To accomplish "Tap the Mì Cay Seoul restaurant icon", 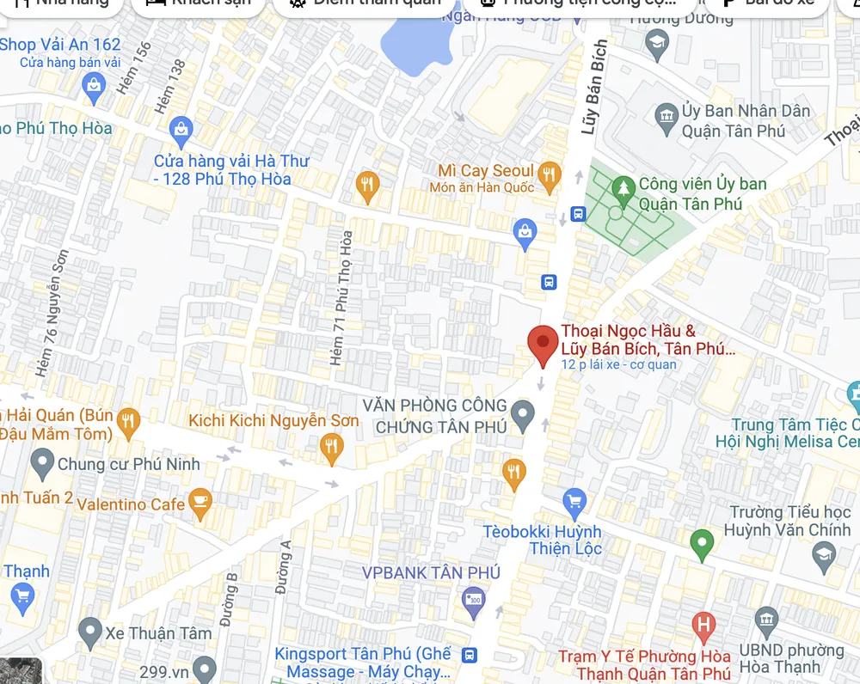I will click(548, 177).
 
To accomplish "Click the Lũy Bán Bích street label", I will click(595, 87).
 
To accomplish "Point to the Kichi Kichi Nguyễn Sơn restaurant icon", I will click(331, 447).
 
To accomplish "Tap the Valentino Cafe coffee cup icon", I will click(200, 504).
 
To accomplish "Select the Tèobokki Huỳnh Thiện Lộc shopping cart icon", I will click(574, 501).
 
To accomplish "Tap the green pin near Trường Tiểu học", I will click(702, 543).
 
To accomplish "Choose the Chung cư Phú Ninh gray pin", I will click(42, 464).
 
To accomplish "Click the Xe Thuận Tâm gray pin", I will click(89, 633).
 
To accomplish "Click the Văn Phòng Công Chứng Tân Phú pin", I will click(522, 415).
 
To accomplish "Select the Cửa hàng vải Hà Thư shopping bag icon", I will click(181, 131).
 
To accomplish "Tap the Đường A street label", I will click(284, 567).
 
